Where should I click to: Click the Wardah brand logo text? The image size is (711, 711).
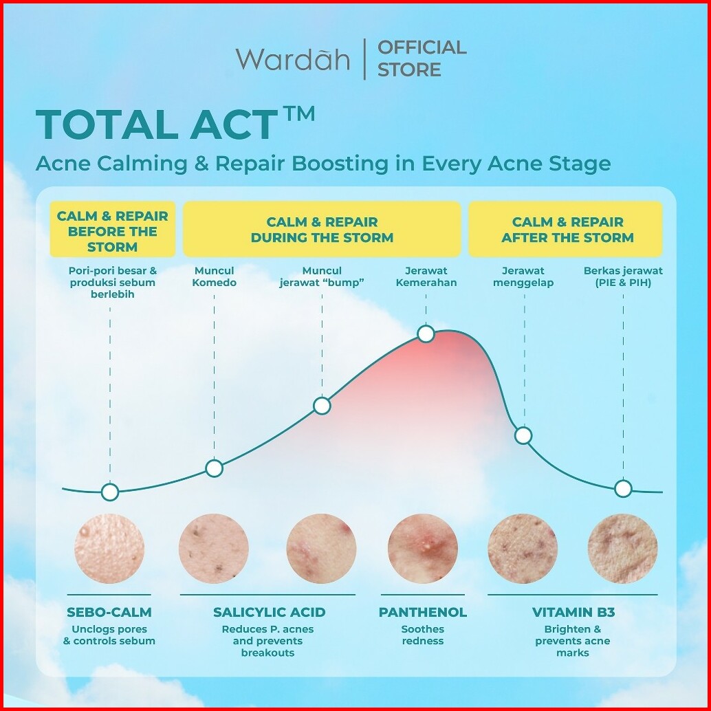[292, 58]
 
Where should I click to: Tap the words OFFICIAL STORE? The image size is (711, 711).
[422, 58]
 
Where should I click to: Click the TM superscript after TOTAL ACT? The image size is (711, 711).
[298, 114]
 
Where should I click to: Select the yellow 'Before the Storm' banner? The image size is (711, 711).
[113, 230]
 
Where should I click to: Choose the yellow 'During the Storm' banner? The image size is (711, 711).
[322, 230]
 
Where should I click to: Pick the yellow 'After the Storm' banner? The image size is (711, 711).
[565, 230]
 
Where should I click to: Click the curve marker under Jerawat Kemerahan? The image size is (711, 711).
[426, 333]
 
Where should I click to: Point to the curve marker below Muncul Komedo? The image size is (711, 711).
[214, 468]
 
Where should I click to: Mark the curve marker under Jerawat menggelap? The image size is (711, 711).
[523, 436]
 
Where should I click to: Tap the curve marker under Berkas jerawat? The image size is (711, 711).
[623, 489]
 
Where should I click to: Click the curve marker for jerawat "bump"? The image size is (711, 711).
[322, 406]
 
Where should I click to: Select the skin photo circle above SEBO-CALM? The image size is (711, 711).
[109, 549]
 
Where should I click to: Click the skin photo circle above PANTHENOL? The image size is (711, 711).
[423, 549]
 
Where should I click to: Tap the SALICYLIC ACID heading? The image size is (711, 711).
[270, 612]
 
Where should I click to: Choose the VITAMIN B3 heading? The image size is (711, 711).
[573, 612]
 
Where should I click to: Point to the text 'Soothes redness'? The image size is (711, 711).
[423, 635]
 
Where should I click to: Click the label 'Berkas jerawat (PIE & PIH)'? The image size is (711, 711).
[623, 276]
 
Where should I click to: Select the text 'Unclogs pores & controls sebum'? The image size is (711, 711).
[109, 635]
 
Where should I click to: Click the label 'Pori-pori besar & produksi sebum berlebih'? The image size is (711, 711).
[113, 283]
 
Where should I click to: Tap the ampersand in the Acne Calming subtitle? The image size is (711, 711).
[201, 164]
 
